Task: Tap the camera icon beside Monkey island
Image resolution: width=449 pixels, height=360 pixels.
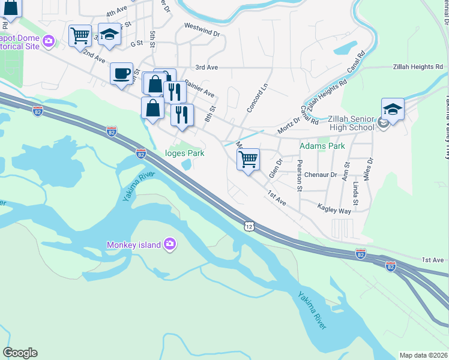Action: tap(170, 244)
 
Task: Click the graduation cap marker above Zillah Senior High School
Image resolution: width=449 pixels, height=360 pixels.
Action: tap(393, 109)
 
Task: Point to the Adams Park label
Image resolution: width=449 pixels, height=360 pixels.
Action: tap(322, 146)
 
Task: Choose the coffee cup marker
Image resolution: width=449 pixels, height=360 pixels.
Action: tap(122, 74)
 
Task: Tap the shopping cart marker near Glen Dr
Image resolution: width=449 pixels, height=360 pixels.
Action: tap(248, 160)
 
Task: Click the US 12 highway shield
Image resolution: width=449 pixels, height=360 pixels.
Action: tap(249, 226)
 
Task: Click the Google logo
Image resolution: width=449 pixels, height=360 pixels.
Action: tap(20, 353)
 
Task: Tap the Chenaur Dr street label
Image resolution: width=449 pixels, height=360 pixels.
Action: tap(321, 175)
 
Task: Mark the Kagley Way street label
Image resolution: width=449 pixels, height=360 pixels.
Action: tap(334, 211)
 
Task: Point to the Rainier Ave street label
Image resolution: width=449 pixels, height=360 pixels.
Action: tap(199, 89)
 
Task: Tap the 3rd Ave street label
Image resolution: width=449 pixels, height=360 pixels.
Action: tap(206, 67)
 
